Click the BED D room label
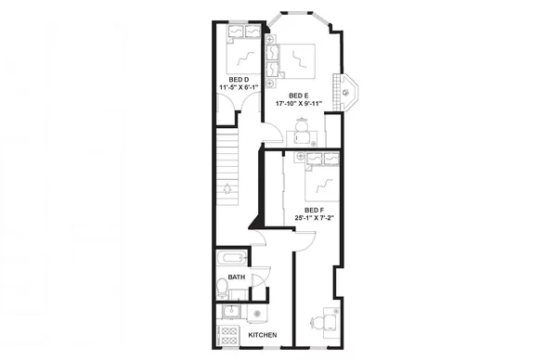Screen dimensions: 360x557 (233, 80)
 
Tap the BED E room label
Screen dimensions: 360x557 (298, 96)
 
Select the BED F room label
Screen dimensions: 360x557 (315, 210)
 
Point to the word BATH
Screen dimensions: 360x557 (237, 276)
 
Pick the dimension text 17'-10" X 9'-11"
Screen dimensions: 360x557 (298, 104)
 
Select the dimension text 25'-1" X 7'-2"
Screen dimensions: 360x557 (315, 218)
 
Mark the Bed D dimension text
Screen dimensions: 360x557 (233, 88)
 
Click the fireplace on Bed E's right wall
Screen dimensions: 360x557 (348, 92)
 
